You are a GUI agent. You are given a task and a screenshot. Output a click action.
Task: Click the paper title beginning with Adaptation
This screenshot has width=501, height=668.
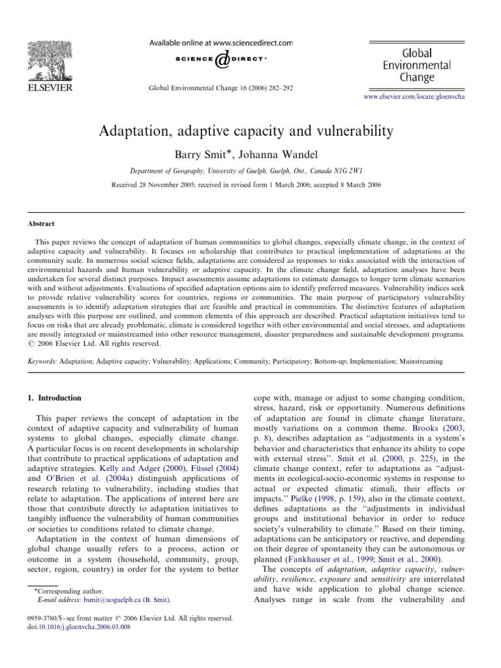(246, 131)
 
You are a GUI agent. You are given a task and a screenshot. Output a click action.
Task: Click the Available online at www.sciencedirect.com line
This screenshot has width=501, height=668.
(221, 42)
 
